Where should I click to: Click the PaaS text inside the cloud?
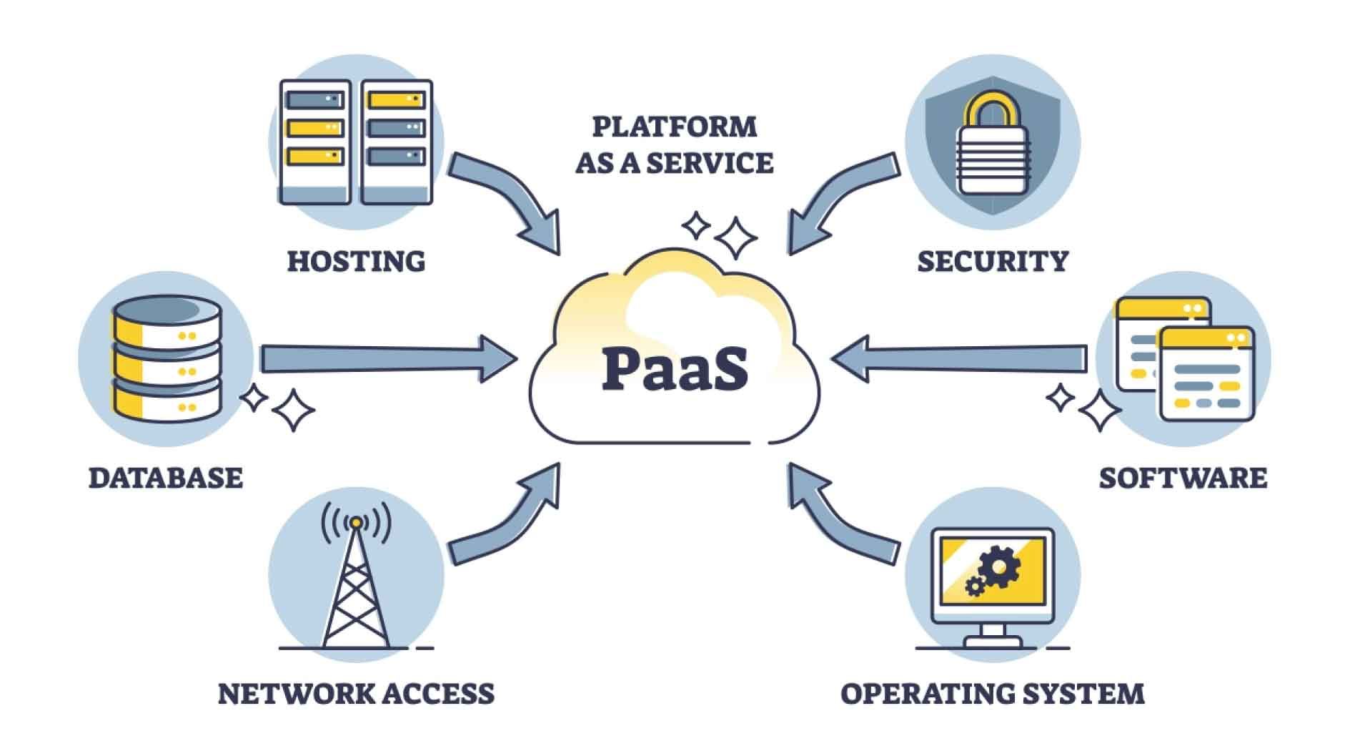click(x=675, y=368)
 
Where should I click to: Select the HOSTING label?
click(x=356, y=261)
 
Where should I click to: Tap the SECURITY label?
click(x=993, y=261)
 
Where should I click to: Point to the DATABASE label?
click(x=166, y=478)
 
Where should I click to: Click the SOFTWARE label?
click(x=1183, y=478)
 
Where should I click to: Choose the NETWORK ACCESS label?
click(x=356, y=694)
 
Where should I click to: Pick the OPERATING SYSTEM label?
click(x=993, y=694)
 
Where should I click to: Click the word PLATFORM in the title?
click(x=675, y=127)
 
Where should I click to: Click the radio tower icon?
click(x=356, y=579)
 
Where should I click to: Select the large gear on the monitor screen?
click(x=1000, y=566)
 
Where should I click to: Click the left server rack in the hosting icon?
click(x=314, y=142)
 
